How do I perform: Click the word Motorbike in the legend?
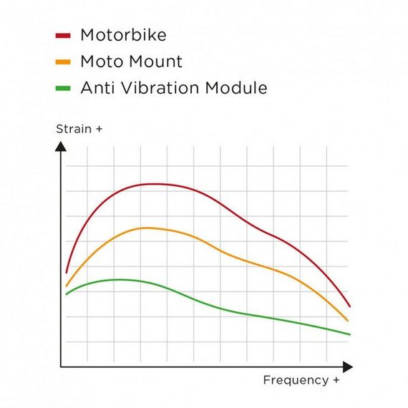point(123,34)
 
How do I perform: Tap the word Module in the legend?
point(236,89)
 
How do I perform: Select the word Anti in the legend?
point(97,89)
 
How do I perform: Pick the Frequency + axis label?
point(301,380)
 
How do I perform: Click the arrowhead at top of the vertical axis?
point(61,146)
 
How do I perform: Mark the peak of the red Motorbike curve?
point(154,184)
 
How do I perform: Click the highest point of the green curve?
point(118,279)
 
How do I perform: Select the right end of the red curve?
point(349,306)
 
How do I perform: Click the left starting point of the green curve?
point(67,294)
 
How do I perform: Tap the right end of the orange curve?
point(348,321)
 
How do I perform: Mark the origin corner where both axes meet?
point(61,367)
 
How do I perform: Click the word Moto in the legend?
point(100,62)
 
